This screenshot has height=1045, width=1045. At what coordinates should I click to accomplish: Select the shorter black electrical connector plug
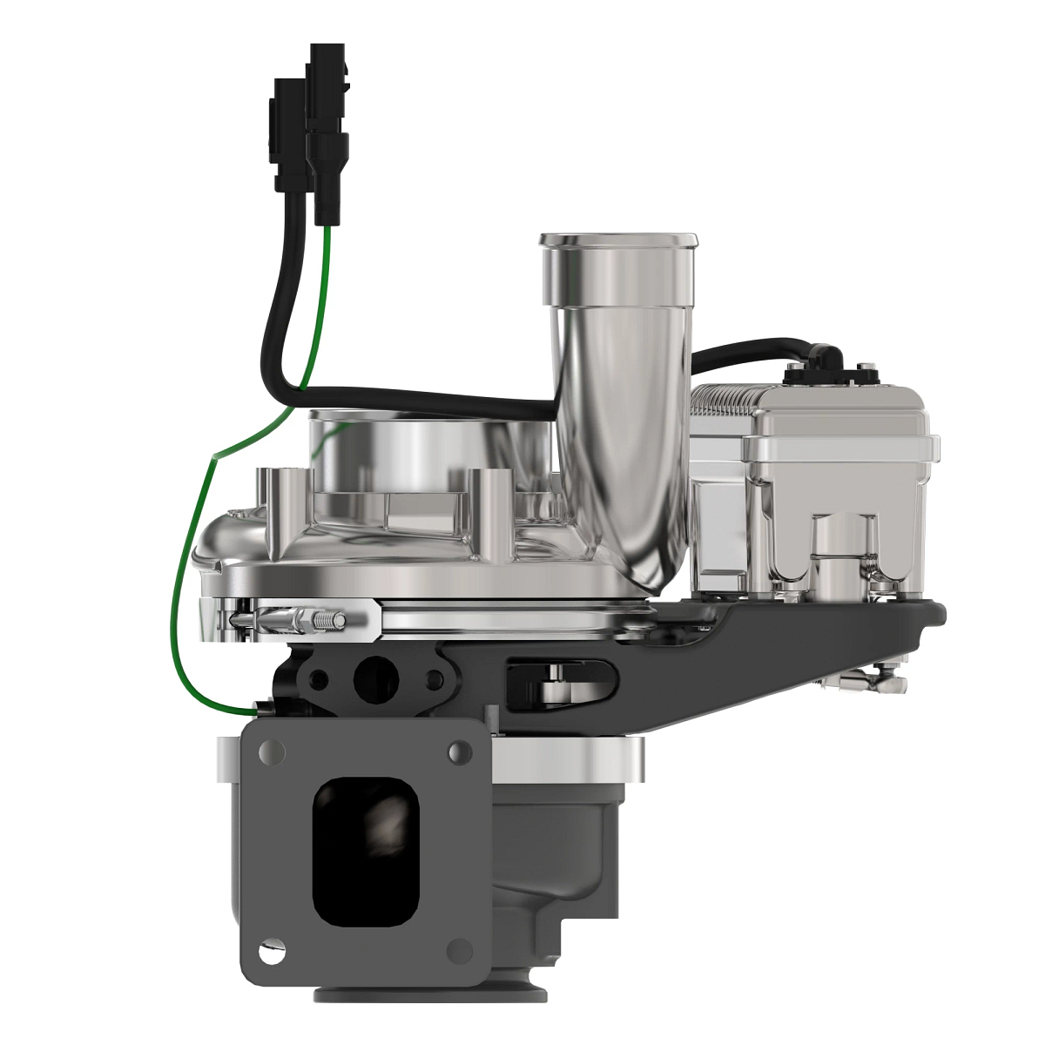coord(289,135)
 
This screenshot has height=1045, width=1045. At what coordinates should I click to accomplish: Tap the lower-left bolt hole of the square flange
coord(273,953)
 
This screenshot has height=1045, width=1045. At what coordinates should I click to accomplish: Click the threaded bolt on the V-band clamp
coord(322,621)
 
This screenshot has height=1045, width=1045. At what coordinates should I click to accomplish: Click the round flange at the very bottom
coord(431,994)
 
